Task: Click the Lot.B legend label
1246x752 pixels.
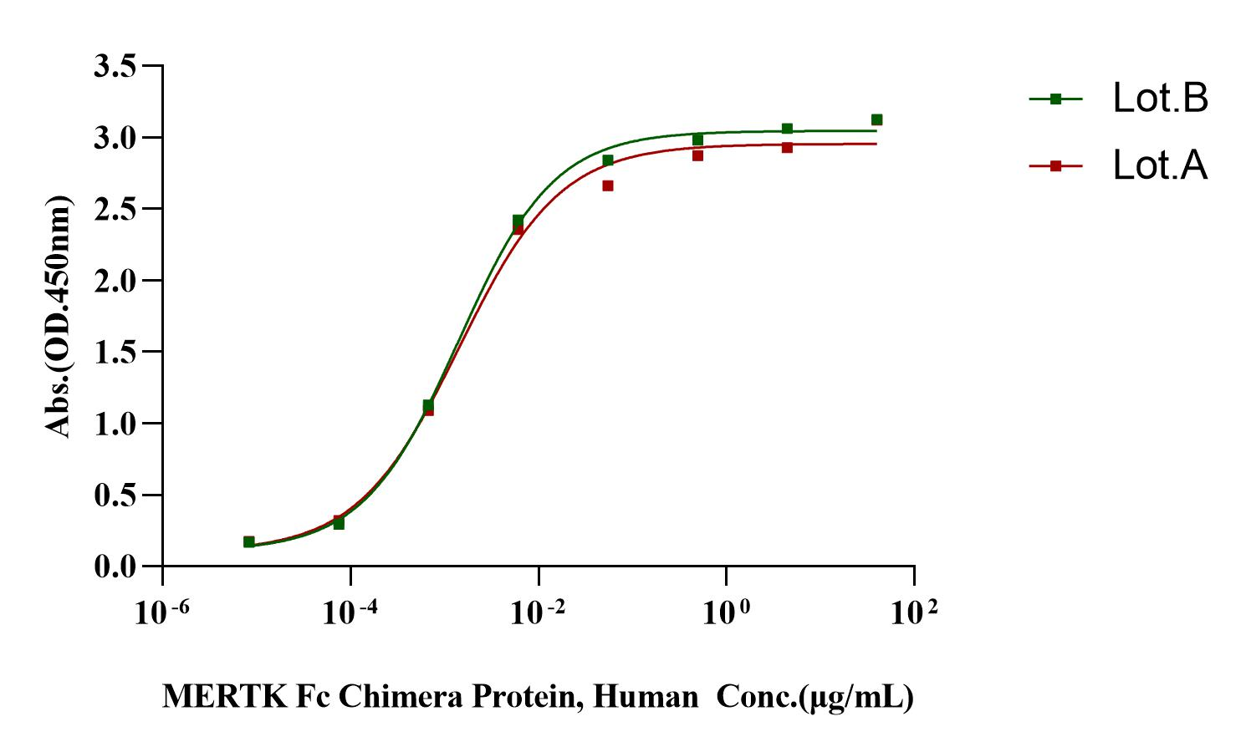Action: (x=1161, y=99)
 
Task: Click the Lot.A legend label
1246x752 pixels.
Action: (x=1161, y=165)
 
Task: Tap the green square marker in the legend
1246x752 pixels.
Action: (x=1055, y=99)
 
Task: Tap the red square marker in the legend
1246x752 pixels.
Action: (x=1055, y=166)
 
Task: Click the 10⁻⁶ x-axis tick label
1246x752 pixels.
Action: (x=162, y=613)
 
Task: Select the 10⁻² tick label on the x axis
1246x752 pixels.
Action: (x=539, y=613)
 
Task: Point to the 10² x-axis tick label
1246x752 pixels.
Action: (x=913, y=613)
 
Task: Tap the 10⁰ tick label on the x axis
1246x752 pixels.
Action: (x=726, y=613)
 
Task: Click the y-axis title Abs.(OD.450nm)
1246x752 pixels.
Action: (x=59, y=316)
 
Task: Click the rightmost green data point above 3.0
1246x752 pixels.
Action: (x=876, y=119)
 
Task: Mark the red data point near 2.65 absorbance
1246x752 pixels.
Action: (x=608, y=185)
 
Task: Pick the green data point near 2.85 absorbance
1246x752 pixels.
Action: (x=608, y=160)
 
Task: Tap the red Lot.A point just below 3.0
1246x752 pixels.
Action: (x=787, y=147)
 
